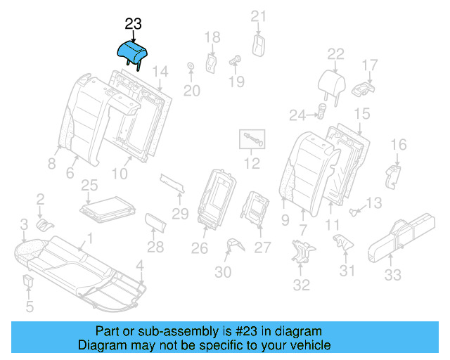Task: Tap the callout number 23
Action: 134,25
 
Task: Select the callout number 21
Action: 259,17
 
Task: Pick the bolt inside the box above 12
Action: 252,139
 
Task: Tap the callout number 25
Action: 89,186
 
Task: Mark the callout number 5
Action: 29,306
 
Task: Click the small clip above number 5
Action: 29,283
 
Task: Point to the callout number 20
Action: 192,90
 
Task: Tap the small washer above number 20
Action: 191,67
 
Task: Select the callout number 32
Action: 301,285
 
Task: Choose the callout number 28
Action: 155,247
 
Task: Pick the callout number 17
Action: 370,65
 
